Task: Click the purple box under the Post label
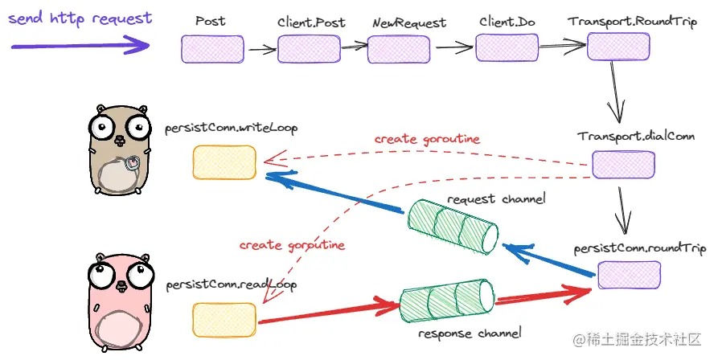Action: click(x=211, y=49)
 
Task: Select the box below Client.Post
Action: click(x=310, y=50)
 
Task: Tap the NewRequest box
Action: click(x=400, y=49)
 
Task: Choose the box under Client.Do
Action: click(x=507, y=47)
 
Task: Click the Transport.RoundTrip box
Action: click(x=617, y=47)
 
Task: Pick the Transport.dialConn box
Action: click(x=618, y=164)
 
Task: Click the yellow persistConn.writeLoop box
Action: click(x=224, y=162)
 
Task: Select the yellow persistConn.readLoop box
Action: click(x=224, y=319)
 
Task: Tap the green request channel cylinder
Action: click(x=453, y=227)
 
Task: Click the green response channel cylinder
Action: click(x=446, y=301)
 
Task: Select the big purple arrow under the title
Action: click(x=77, y=47)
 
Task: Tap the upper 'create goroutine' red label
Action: click(x=427, y=139)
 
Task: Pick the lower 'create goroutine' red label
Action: click(x=292, y=244)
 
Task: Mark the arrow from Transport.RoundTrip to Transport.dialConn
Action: click(x=615, y=90)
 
